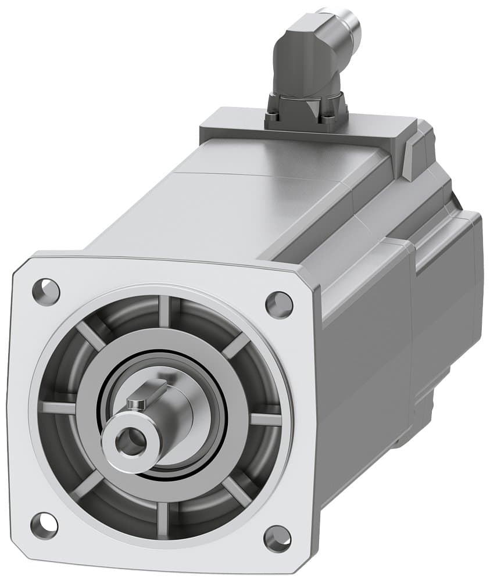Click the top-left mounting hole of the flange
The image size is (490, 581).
[x=46, y=288]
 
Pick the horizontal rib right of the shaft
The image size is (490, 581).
[x=266, y=419]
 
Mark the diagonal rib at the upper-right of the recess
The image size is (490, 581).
[x=235, y=347]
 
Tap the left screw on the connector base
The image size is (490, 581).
[x=273, y=119]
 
